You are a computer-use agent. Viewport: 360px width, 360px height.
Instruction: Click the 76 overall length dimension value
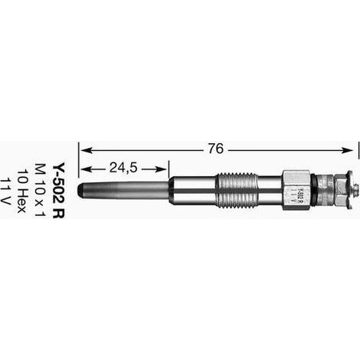coord(215,149)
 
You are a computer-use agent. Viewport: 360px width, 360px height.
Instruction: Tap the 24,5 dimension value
coord(123,168)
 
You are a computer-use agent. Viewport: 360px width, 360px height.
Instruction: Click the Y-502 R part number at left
coord(58,190)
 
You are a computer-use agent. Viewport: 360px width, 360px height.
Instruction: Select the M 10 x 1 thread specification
coord(40,190)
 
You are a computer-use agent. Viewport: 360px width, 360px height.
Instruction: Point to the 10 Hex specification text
coord(21,191)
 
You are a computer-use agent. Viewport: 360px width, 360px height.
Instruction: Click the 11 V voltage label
coord(5,191)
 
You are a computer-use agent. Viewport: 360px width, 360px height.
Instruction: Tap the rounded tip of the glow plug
coord(80,190)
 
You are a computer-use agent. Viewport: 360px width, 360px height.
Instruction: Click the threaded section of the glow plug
coord(236,190)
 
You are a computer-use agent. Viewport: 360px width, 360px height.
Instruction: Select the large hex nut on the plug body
coord(296,190)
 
